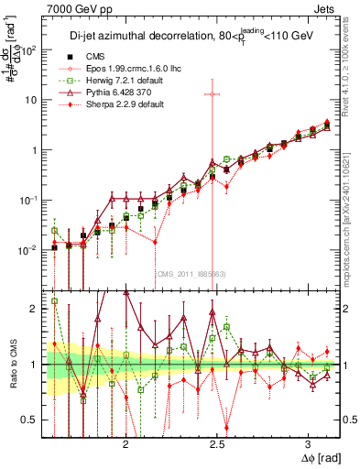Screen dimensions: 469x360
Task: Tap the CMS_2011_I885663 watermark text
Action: pyautogui.click(x=191, y=274)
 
